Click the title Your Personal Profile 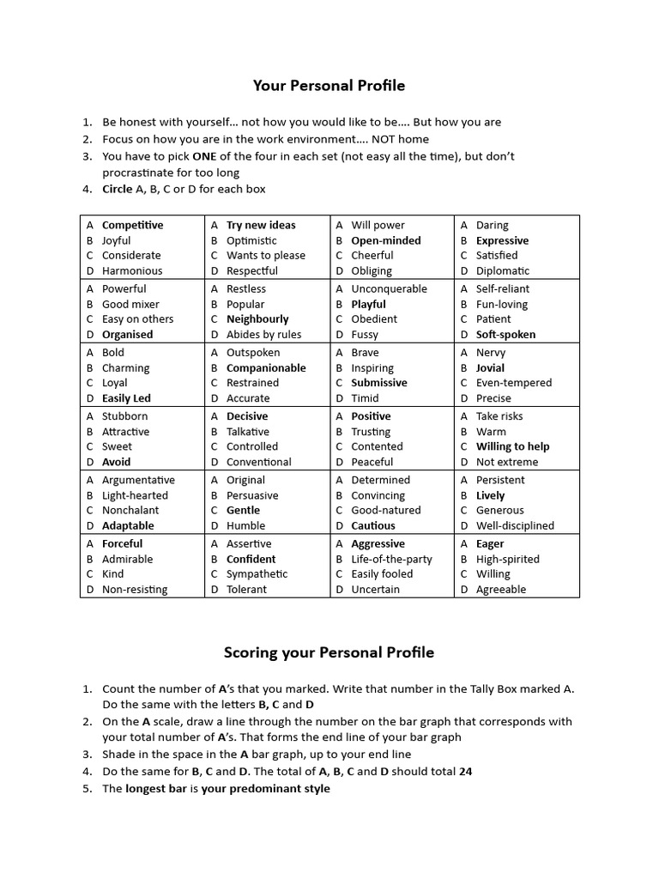click(329, 86)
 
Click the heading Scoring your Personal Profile click(329, 652)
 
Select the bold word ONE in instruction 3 click(204, 156)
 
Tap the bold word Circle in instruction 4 click(118, 189)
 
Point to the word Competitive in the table click(132, 225)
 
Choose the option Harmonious click(132, 270)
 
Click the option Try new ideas click(261, 225)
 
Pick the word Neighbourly click(257, 319)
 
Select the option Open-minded click(386, 240)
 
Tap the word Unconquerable click(389, 289)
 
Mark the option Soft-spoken click(505, 335)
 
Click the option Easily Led click(126, 398)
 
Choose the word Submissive click(379, 383)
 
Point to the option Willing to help click(513, 446)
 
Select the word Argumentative click(138, 480)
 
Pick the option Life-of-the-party click(391, 559)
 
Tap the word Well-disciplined click(515, 525)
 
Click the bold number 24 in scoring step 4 click(466, 771)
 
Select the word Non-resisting click(135, 589)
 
